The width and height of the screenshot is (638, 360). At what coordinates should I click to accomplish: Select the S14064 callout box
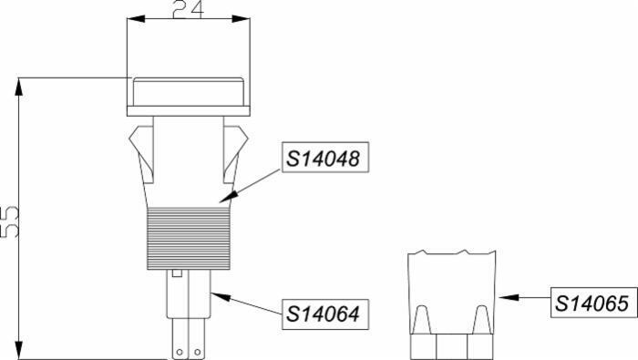(325, 314)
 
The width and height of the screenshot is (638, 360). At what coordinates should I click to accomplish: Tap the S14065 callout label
(594, 303)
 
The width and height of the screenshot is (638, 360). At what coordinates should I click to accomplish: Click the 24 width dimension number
(189, 9)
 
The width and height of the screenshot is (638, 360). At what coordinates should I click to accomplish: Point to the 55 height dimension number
(9, 222)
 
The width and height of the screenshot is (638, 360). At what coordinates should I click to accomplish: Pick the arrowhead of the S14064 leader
(221, 296)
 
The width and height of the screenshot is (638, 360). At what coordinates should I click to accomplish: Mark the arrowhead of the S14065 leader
(509, 298)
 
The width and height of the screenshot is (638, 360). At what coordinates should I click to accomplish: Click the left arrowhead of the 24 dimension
(136, 19)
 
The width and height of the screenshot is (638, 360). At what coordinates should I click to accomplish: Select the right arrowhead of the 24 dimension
(241, 19)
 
